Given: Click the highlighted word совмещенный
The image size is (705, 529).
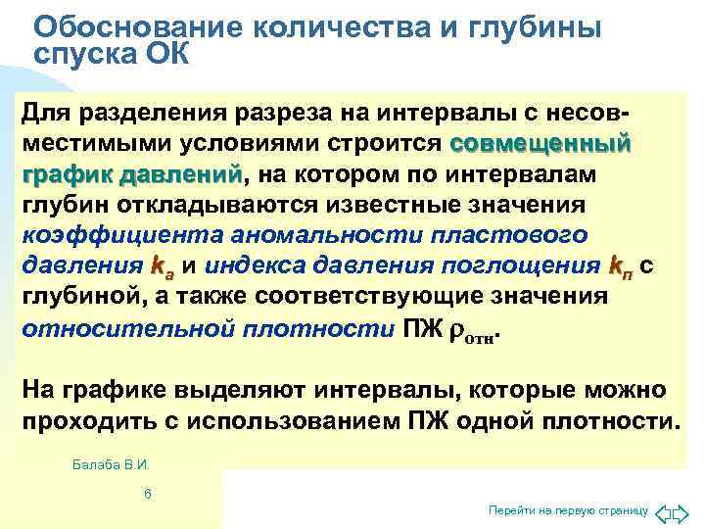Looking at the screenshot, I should (539, 145).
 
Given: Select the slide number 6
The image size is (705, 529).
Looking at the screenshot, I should (147, 494).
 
